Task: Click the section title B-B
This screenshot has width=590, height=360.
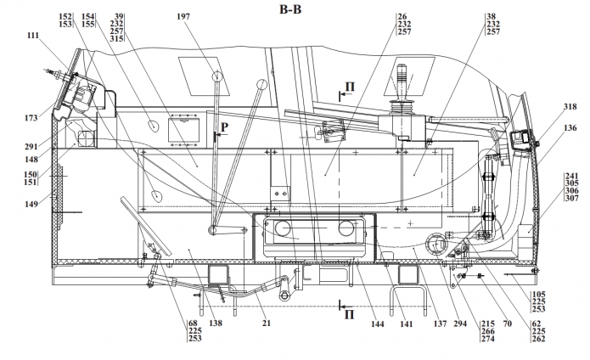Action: pos(290,9)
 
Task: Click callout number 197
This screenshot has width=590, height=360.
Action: pos(183,16)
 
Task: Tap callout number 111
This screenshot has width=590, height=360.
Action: pos(33,36)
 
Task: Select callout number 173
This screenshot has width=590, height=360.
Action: pos(31,118)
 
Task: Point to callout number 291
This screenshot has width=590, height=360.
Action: pos(31,146)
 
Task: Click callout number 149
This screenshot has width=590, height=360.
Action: pos(31,205)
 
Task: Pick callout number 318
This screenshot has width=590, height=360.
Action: pos(570,107)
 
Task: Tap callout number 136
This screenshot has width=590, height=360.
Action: pos(570,128)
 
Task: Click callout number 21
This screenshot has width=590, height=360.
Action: pos(267,323)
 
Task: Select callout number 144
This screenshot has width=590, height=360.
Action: pos(378,323)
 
